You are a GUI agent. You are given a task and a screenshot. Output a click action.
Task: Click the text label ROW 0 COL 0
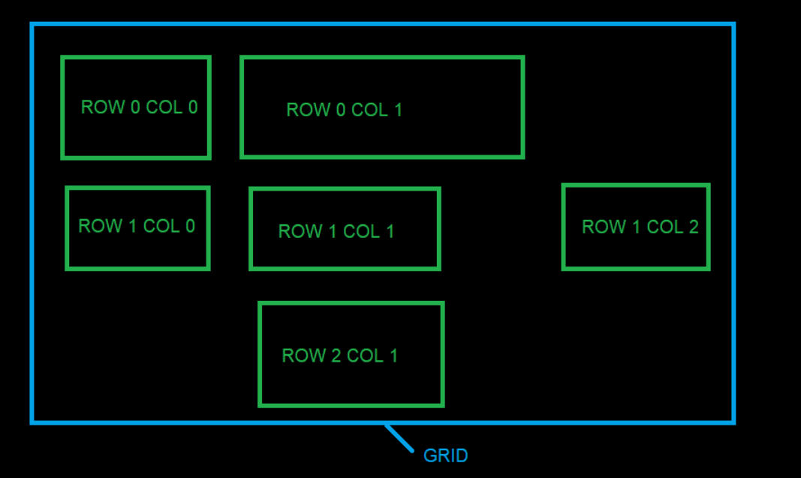(139, 107)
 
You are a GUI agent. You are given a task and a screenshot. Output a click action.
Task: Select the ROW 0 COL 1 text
(344, 110)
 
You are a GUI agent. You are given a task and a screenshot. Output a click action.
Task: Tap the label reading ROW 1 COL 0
(137, 226)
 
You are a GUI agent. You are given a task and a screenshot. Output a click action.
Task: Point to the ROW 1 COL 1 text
(336, 231)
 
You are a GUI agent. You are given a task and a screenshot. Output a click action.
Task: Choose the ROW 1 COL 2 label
(640, 227)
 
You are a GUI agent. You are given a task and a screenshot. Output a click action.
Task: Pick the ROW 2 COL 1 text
(339, 356)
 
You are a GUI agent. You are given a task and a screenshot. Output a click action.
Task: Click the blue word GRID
(445, 455)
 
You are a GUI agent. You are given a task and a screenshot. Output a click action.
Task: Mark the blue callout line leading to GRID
(399, 439)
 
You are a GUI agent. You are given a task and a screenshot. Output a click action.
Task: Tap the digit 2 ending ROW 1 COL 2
(693, 227)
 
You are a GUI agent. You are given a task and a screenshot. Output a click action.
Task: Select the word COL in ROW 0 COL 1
(369, 110)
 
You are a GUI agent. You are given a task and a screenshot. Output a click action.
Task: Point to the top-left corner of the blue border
(32, 24)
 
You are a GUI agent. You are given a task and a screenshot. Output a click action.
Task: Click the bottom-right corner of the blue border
(733, 422)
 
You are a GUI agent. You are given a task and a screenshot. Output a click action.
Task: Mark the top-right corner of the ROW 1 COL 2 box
(708, 185)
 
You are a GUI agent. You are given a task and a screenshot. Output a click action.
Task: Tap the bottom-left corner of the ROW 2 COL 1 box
(260, 405)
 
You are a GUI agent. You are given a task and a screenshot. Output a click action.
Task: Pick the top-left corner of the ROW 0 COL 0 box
(62, 58)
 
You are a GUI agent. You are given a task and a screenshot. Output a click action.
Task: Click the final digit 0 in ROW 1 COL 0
(190, 226)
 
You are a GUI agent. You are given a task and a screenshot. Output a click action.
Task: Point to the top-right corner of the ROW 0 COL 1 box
(522, 57)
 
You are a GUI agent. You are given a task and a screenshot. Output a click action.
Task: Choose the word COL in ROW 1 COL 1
(361, 231)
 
